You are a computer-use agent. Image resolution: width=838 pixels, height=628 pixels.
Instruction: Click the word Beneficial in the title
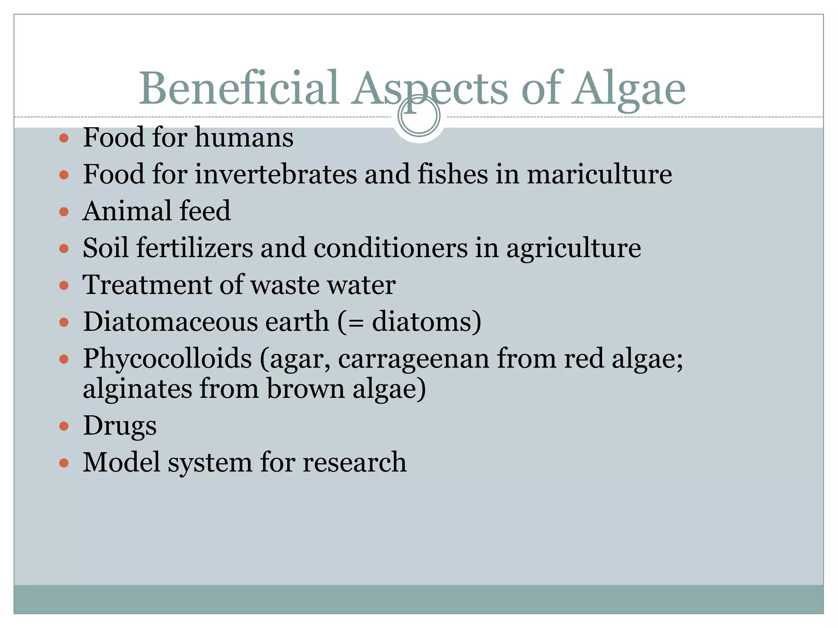(x=239, y=88)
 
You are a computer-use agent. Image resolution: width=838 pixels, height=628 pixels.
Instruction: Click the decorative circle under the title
(x=419, y=116)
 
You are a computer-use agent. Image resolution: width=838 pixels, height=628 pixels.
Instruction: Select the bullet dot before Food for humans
(x=64, y=138)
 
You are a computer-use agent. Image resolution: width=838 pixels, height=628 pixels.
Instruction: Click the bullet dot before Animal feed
(x=64, y=212)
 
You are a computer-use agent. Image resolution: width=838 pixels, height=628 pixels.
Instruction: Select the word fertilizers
(x=195, y=248)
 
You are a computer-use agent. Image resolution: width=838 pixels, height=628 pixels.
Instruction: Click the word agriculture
(x=574, y=249)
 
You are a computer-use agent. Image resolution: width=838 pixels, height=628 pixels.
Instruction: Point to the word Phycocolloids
(x=167, y=359)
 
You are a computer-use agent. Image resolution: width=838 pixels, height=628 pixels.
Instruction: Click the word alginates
(x=137, y=389)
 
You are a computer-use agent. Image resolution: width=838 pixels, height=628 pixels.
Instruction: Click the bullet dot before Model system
(x=64, y=463)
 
